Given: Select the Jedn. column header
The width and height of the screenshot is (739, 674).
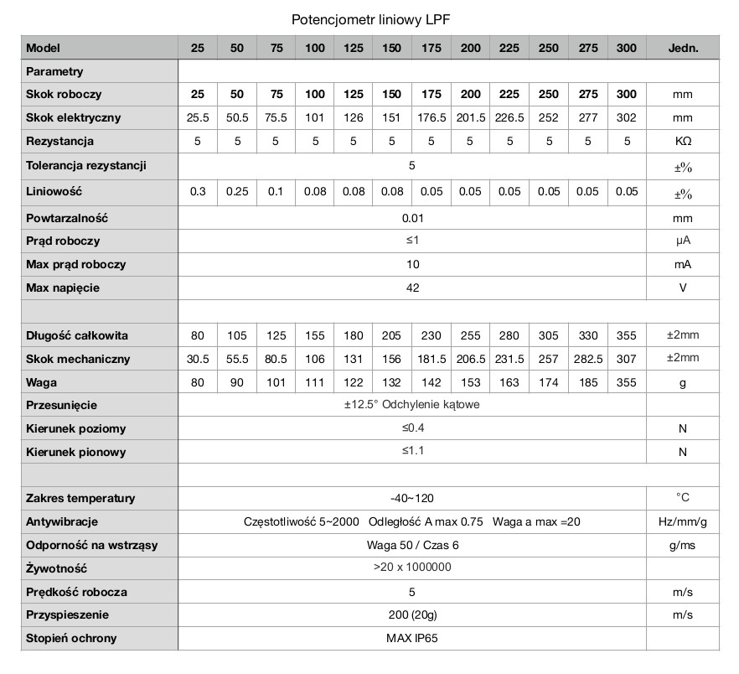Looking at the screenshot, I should coord(682,49).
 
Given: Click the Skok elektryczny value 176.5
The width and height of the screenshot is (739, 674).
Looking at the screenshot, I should coord(432,118).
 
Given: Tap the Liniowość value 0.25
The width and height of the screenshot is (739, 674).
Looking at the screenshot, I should coord(237,192).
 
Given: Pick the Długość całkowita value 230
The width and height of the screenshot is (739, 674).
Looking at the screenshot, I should coord(432,336).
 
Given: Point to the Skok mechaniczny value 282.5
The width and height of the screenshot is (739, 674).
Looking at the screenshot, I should coord(587,359).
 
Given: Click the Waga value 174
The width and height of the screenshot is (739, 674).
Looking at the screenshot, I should coord(549,382).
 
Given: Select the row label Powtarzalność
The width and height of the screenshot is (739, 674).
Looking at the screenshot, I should coord(68,218).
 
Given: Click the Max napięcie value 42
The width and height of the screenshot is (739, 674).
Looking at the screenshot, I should coord(411,288).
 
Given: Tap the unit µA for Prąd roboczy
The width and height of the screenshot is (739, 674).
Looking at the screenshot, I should coord(682,241).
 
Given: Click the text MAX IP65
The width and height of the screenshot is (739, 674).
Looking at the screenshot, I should coord(411,638).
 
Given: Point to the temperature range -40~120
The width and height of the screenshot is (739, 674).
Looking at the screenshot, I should coord(411,499).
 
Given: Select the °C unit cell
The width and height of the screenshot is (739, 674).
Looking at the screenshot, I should coord(682,498).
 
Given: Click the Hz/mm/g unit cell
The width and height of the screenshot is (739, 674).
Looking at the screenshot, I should coord(682,521).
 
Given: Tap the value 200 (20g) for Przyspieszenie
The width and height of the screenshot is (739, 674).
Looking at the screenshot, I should coord(411,614).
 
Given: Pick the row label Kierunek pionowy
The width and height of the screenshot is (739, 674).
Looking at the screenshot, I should coord(76,452).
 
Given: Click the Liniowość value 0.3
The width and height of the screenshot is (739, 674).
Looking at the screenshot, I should coord(198,192).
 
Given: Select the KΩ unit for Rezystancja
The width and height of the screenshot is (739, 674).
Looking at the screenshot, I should coord(682,142).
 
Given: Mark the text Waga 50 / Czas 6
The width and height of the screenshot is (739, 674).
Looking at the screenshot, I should coord(411,545).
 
